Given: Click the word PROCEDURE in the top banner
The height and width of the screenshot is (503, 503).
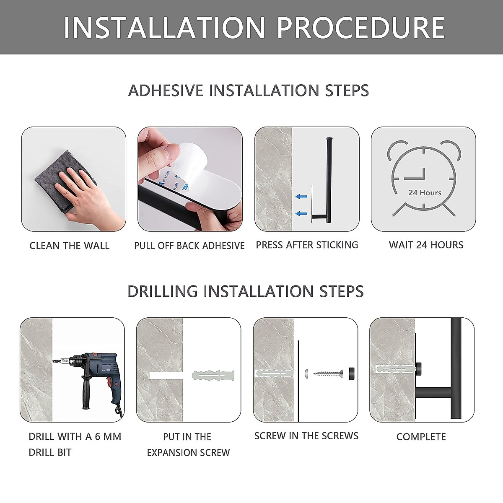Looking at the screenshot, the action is tap(360, 27).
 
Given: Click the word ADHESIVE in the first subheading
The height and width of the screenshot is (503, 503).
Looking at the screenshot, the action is tap(166, 90).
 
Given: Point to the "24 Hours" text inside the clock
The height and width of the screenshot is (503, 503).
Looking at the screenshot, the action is tap(425, 193).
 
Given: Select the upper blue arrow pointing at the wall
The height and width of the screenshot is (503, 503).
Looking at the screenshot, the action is tap(301, 197).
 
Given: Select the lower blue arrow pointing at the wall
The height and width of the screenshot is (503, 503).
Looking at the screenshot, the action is tap(301, 213).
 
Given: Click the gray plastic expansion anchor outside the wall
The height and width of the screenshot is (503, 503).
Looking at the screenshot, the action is tap(213, 375).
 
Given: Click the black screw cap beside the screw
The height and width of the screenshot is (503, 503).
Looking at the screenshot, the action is tap(352, 374).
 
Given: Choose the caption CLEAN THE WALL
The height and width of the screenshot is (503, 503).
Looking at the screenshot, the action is tap(70, 246).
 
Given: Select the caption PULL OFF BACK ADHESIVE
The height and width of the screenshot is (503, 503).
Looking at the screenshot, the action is tap(189, 246).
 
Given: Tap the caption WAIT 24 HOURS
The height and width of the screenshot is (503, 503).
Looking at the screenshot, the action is tap(426, 245).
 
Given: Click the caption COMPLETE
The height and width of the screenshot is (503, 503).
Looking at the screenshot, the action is tap(421, 437).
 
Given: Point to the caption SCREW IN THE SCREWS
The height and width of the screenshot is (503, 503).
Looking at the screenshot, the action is tap(306, 436).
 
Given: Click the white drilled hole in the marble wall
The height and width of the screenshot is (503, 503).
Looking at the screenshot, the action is tap(166, 376).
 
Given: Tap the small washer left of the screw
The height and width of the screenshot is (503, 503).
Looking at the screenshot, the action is tap(306, 374).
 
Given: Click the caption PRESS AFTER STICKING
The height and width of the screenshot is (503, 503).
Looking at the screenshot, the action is tap(307, 245).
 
